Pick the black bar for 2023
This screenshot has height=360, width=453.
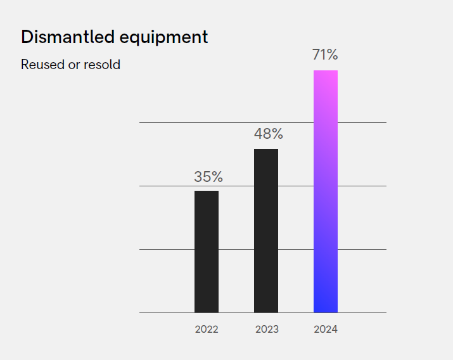tap(266, 231)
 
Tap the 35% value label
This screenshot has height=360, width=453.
tap(208, 177)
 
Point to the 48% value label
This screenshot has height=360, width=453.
tap(268, 134)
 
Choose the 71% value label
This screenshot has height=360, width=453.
tap(326, 55)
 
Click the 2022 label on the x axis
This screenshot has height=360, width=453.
tap(207, 330)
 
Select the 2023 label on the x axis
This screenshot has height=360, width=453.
tap(267, 330)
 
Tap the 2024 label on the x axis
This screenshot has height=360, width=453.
tap(326, 330)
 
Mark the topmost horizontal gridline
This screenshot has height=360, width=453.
tap(165, 122)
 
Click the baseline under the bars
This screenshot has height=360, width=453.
tap(165, 312)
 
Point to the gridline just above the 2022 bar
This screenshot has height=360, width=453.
tap(165, 186)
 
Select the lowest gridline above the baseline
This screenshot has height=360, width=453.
tap(165, 249)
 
